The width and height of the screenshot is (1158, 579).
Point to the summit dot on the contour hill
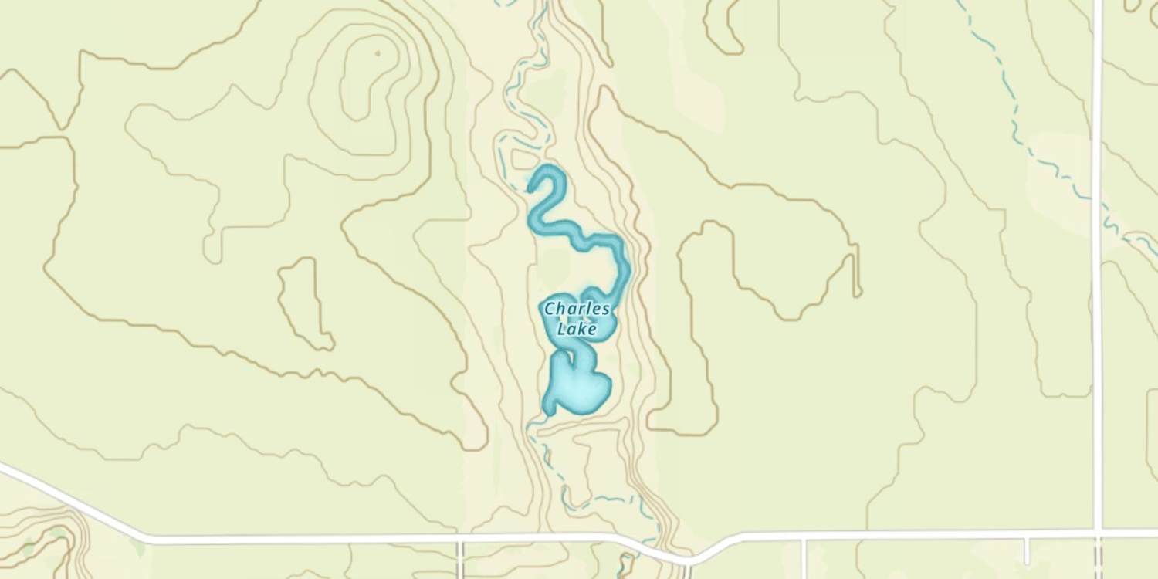click(x=378, y=53)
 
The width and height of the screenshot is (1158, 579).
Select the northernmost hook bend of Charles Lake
click(x=553, y=174)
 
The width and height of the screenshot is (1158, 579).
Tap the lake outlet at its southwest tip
click(x=548, y=411)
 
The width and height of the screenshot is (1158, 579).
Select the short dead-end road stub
click(x=1026, y=549)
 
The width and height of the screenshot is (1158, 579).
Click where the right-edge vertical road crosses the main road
click(x=1097, y=533)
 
